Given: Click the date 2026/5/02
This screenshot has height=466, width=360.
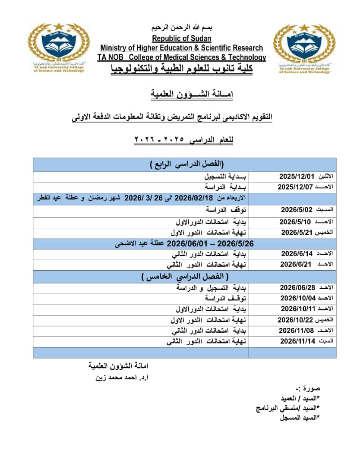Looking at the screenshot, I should (x=296, y=210).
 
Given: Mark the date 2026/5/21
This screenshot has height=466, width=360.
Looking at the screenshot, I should (x=297, y=233).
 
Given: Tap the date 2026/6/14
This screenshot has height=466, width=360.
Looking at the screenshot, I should (x=297, y=254).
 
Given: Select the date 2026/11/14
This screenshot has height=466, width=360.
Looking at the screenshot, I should (x=297, y=341).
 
